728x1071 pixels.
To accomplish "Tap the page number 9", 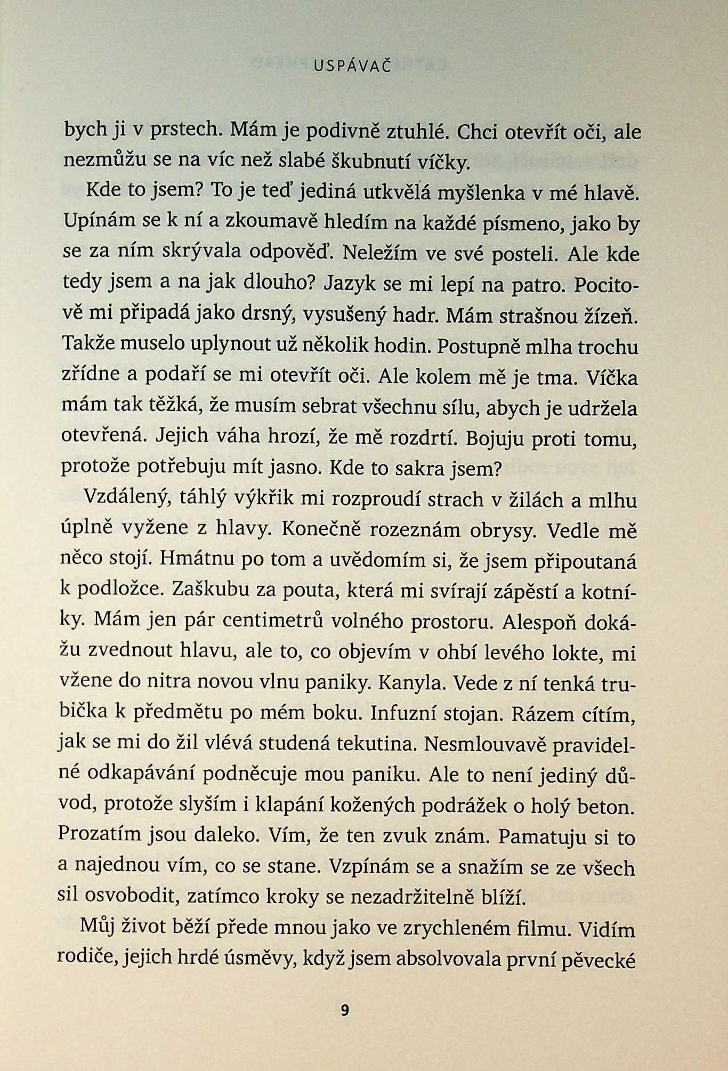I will [345, 1010].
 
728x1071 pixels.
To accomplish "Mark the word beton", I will [608, 806].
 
